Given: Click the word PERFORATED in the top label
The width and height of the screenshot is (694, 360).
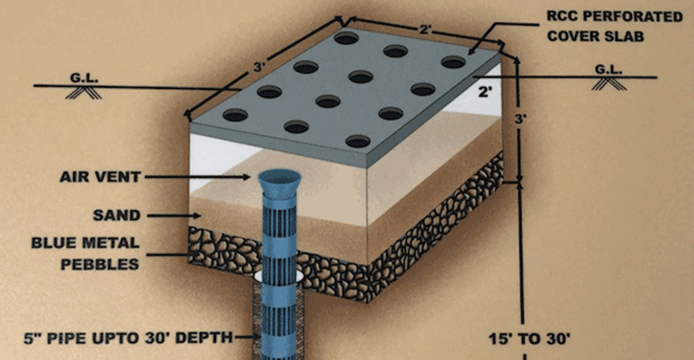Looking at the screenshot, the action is click(629, 17).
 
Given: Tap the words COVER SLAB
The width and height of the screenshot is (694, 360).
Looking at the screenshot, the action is click(595, 36).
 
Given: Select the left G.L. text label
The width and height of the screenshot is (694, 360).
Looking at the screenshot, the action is click(84, 78).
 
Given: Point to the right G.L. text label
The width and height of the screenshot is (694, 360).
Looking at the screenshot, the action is click(608, 69).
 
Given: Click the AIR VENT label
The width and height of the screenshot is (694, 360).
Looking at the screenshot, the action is click(100, 177).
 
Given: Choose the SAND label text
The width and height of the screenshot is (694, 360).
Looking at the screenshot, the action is click(116, 216).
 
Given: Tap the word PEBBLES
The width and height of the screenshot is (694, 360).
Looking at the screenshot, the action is click(100, 265).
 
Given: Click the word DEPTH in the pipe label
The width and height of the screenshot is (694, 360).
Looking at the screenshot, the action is click(204, 337).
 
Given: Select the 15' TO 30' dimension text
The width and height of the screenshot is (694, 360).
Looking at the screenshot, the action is click(529, 339).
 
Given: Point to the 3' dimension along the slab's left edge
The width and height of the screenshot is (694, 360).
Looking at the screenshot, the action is click(259, 67).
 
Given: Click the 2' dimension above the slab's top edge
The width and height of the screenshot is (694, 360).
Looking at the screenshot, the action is click(426, 30).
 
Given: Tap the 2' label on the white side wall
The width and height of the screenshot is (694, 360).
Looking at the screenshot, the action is click(485, 92).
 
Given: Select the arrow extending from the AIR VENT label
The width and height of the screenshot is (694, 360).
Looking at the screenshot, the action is click(197, 177).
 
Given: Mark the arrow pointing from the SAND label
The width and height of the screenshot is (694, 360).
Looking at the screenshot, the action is click(174, 216).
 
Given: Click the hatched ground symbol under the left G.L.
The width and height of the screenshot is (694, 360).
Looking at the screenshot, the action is click(84, 92).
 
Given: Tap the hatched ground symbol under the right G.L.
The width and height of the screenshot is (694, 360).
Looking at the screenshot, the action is click(609, 84).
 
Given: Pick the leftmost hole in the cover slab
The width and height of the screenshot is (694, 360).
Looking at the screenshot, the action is click(235, 115).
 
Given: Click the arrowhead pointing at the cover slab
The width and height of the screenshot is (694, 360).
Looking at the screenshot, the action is click(473, 50).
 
